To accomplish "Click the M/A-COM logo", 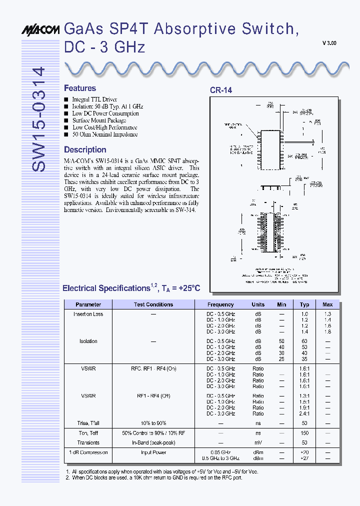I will pos(41,30).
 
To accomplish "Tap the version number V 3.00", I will pos(329,43).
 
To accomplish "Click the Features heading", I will pos(80,88).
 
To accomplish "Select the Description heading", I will pos(85,149).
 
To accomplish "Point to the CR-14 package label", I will pos(220,90).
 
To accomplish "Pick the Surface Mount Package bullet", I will pos(99,120).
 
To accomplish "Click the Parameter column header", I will pos(88,304).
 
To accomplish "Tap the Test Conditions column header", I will pos(153,304).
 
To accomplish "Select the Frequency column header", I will pos(220,304).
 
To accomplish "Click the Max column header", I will pos(327,304).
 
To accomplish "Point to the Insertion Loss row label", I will pos(88,314).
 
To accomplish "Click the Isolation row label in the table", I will pos(88,341).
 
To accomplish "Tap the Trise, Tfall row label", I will pos(88,423).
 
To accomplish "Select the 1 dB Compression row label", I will pos(88,452).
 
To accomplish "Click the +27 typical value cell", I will pos(304,458).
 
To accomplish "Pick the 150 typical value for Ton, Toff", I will pos(304,433).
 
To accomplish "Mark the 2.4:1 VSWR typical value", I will pos(304,413).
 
